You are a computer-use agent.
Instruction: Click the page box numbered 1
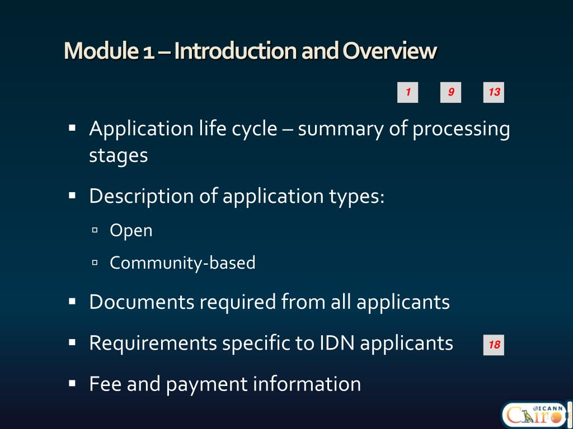coord(408,92)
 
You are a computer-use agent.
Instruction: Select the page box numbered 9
coord(451,92)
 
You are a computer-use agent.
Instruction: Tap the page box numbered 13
coord(494,92)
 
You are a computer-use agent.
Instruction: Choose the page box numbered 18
coord(494,345)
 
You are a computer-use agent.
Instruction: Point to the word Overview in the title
coord(389,51)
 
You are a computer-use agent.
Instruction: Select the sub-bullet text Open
coord(131,230)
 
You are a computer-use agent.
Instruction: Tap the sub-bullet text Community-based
coord(182,263)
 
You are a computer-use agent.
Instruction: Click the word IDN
coord(337,342)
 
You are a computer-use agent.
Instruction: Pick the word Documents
coord(142,302)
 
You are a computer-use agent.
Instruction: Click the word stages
coord(119,155)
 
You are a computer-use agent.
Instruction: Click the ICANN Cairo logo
coord(534,414)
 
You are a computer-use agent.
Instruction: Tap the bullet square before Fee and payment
coord(72,383)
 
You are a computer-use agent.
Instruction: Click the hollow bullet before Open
coord(95,230)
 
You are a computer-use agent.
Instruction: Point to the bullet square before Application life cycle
coord(72,128)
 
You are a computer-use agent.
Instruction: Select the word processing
coord(461,129)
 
